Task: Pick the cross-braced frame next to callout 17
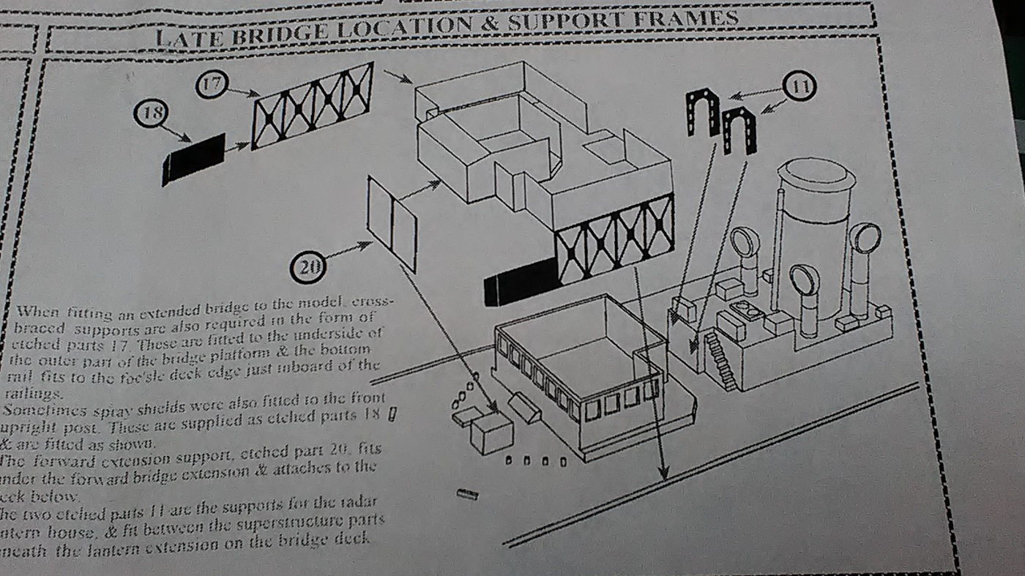click(313, 105)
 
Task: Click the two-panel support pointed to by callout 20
click(392, 222)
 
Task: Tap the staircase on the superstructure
click(720, 360)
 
